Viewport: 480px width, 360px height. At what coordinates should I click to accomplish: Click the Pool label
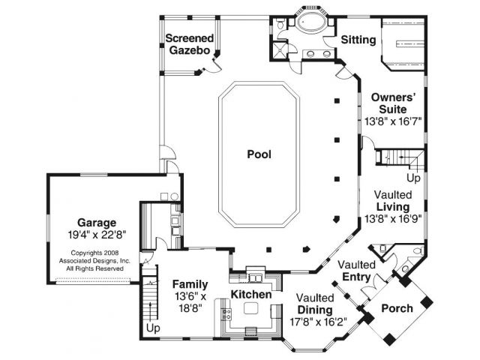pyautogui.click(x=259, y=154)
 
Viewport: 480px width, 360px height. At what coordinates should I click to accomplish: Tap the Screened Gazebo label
pyautogui.click(x=190, y=44)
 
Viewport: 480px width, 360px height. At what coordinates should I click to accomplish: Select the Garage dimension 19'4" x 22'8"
pyautogui.click(x=97, y=235)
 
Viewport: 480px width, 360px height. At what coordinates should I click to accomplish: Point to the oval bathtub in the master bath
pyautogui.click(x=310, y=22)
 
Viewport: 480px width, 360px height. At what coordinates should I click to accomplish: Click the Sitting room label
pyautogui.click(x=358, y=40)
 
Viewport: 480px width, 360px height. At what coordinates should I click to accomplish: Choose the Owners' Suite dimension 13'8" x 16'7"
pyautogui.click(x=393, y=121)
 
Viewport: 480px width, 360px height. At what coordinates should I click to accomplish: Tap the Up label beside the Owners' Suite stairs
pyautogui.click(x=413, y=178)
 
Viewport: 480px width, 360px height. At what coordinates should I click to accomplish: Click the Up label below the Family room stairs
pyautogui.click(x=153, y=328)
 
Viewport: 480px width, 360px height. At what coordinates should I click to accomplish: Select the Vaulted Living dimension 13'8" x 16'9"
pyautogui.click(x=393, y=219)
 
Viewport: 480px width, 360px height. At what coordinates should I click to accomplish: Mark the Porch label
pyautogui.click(x=397, y=308)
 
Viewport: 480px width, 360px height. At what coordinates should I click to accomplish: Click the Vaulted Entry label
pyautogui.click(x=356, y=271)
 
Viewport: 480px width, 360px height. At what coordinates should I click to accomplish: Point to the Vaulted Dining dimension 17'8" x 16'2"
pyautogui.click(x=318, y=322)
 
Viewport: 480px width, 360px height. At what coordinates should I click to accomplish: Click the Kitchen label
pyautogui.click(x=251, y=295)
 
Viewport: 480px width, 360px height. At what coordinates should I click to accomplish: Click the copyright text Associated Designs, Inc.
pyautogui.click(x=94, y=261)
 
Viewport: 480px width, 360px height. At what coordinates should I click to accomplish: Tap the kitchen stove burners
pyautogui.click(x=226, y=314)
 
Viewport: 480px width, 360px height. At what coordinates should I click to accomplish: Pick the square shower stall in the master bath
pyautogui.click(x=279, y=50)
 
